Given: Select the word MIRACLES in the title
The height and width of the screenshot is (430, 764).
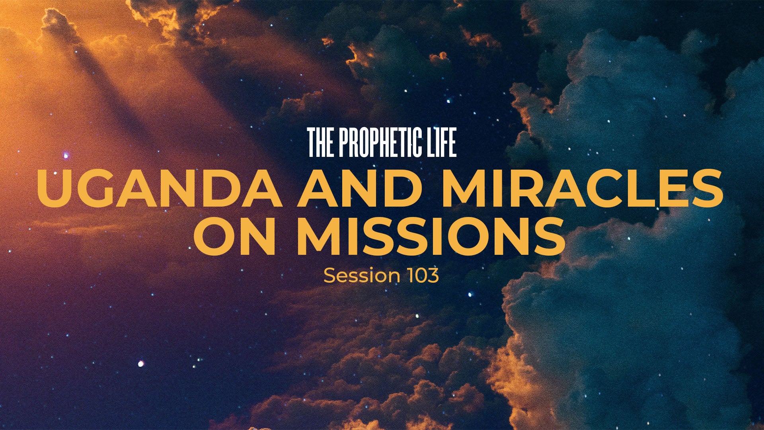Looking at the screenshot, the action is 581,187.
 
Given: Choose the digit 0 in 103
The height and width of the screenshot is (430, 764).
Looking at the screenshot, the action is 421,276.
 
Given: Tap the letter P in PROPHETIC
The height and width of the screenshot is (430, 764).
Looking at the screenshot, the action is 345,143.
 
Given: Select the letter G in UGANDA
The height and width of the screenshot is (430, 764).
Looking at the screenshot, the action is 99,188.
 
